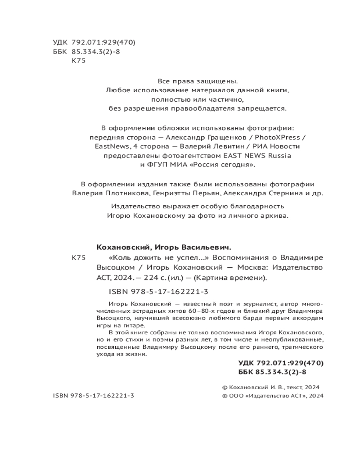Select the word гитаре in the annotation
click(x=135, y=325)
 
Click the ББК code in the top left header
click(x=93, y=52)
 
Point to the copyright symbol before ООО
click(x=225, y=396)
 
